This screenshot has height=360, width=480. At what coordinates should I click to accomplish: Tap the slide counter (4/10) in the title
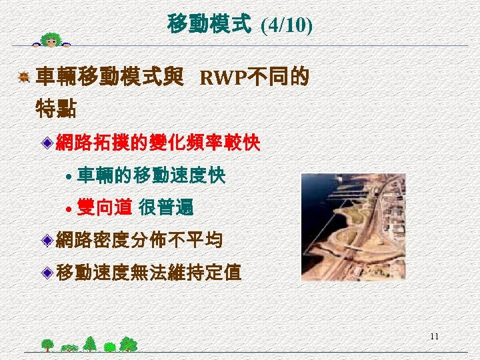coord(287,25)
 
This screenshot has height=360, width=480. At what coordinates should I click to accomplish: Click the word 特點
coord(55,107)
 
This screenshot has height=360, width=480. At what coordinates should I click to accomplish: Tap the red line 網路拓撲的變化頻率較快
coord(157,143)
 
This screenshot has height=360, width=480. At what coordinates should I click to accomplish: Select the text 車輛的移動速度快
coord(151,176)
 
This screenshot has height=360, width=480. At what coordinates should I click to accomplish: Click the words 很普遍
coord(166,208)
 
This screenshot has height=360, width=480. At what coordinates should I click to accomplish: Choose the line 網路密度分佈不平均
coord(139,240)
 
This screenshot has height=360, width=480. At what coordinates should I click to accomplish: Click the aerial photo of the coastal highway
coord(353,227)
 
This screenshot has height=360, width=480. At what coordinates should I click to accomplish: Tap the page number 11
coord(434,336)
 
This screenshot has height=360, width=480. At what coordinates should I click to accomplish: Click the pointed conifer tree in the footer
coord(90,343)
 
